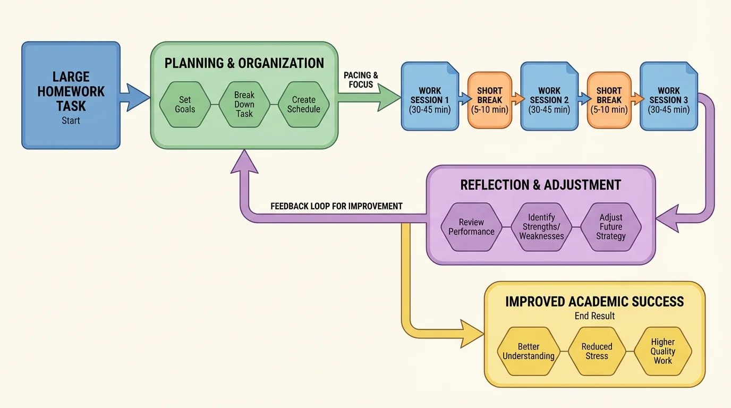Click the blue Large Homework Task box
(71, 96)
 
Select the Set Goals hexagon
(185, 105)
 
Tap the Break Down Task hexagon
(244, 105)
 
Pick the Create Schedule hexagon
(303, 105)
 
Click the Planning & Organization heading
(244, 63)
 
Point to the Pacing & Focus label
(361, 80)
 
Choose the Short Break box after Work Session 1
(490, 100)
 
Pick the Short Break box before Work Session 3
(609, 100)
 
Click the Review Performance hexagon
(471, 227)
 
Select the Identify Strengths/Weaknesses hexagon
(541, 227)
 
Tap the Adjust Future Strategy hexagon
(611, 227)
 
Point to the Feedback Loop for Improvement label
(336, 206)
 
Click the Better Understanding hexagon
(529, 351)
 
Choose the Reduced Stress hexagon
(597, 351)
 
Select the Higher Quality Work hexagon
(663, 351)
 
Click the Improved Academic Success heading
(594, 302)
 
